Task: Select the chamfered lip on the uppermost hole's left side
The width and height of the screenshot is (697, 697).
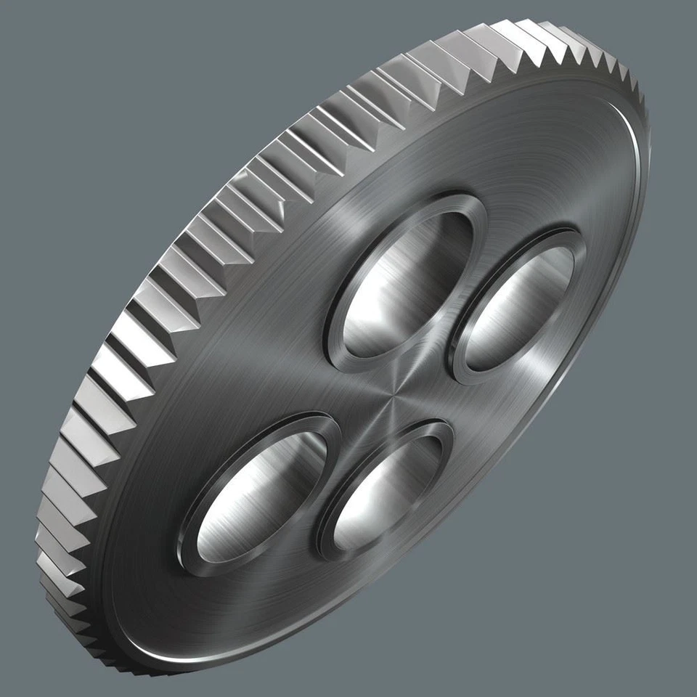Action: coord(335,305)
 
